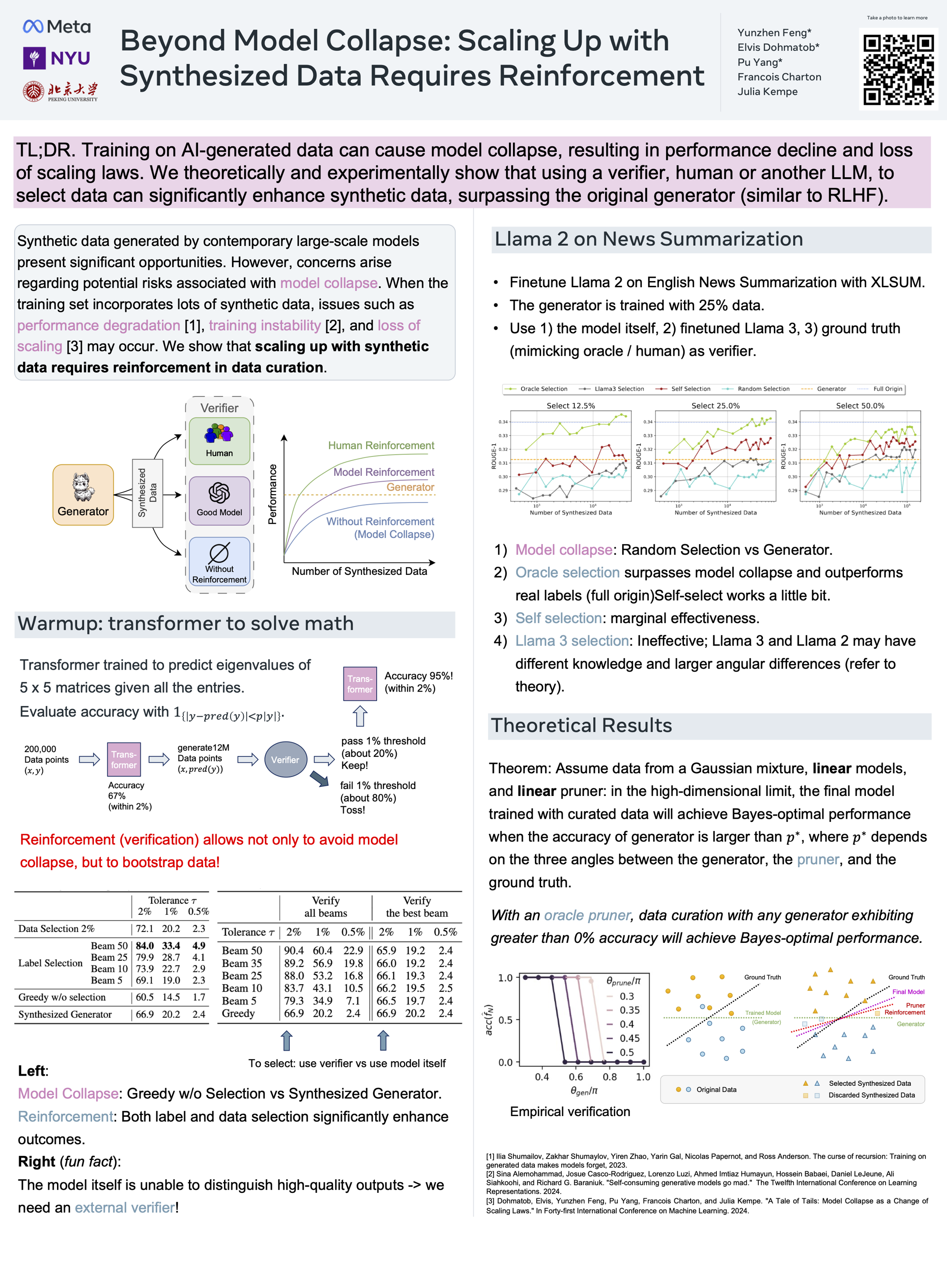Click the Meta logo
57,26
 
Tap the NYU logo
57,58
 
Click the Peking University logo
60,91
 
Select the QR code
898,70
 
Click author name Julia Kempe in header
767,91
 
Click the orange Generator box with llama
83,495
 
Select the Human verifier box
219,440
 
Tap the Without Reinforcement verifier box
219,561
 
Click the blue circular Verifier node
285,760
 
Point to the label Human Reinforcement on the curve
381,446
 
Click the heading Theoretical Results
581,725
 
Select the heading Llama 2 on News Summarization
648,239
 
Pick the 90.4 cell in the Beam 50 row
294,950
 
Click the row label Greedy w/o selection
62,997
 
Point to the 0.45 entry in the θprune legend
630,1038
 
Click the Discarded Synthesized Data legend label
871,1095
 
